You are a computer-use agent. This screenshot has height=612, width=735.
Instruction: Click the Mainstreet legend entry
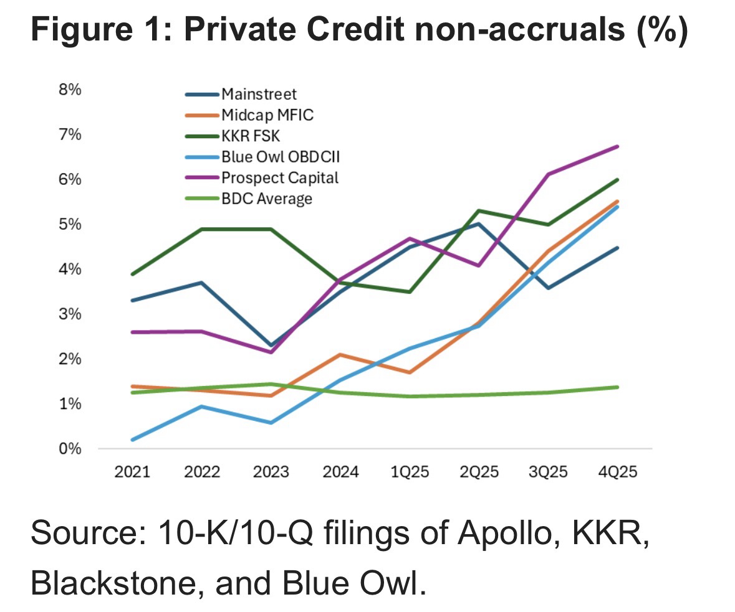click(259, 95)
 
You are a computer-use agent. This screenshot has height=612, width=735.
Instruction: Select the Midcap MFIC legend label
click(267, 115)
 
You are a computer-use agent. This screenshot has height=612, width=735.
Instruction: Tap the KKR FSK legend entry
click(251, 136)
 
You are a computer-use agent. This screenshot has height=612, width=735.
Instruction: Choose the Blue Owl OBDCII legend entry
click(280, 157)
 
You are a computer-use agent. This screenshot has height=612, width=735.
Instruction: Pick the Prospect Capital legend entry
click(279, 177)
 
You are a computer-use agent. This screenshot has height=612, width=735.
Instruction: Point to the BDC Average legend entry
click(266, 199)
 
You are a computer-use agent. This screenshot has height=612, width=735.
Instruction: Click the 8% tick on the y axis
click(70, 90)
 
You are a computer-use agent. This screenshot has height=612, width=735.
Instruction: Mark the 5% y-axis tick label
click(70, 224)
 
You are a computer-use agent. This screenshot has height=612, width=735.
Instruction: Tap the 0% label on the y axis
click(70, 449)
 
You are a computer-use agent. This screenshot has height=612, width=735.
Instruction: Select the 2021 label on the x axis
click(133, 472)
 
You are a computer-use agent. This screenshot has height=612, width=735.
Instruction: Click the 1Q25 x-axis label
click(410, 472)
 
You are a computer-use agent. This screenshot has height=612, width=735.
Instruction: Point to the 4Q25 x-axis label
click(617, 472)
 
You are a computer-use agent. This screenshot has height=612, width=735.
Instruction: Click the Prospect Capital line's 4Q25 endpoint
click(617, 146)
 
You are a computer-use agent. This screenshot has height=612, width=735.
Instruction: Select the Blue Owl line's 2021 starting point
click(133, 440)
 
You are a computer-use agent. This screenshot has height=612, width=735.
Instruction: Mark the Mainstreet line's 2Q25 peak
click(479, 224)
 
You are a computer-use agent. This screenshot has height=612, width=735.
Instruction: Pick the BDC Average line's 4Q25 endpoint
click(617, 387)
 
